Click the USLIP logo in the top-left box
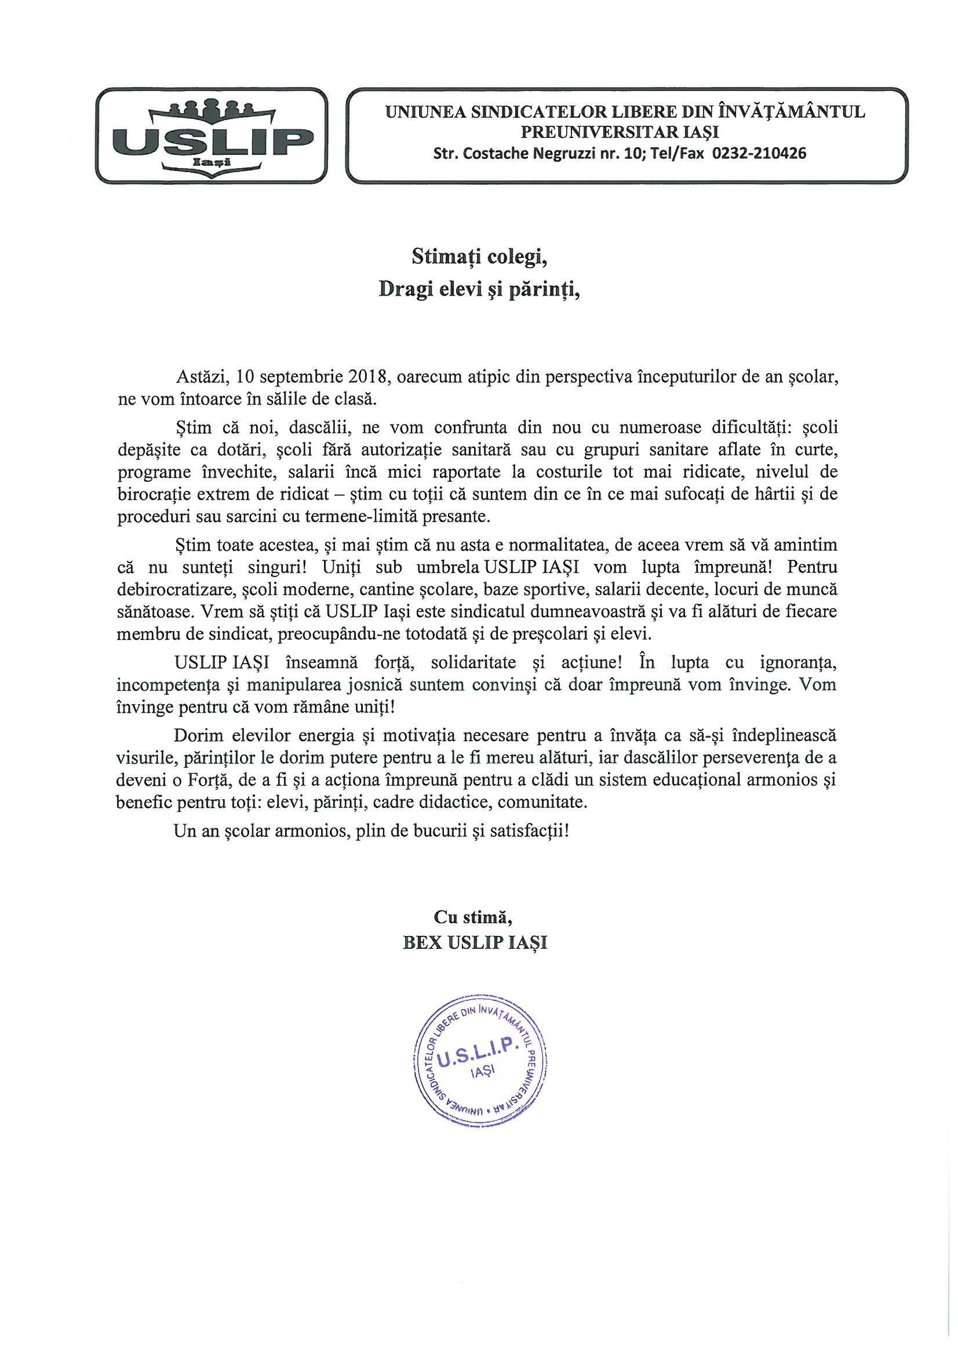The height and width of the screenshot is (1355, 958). click(212, 135)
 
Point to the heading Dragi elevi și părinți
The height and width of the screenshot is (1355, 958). click(479, 290)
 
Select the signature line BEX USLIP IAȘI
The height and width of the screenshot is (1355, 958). click(475, 942)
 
